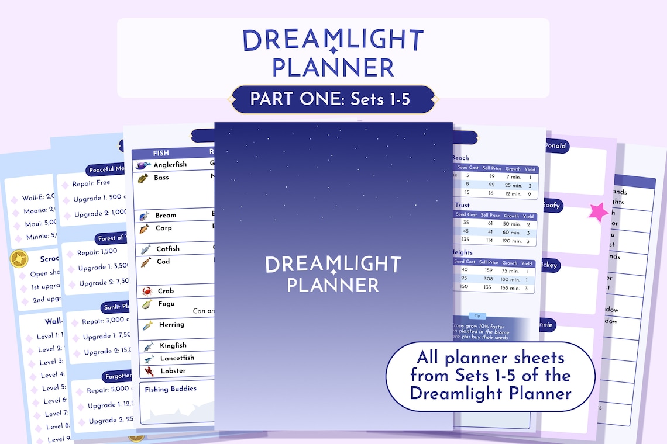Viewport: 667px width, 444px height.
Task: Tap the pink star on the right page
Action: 598,212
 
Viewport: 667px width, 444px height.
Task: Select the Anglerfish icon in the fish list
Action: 143,165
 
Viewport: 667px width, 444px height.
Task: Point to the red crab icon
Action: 147,291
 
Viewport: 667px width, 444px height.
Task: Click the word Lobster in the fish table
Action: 173,371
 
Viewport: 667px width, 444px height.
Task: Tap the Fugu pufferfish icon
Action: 146,304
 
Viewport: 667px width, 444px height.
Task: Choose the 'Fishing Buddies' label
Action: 171,389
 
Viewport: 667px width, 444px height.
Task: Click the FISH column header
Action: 161,153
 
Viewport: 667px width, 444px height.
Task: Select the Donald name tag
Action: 555,145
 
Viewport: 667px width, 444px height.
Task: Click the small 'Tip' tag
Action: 476,315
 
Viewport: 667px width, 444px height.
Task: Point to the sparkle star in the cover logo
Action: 333,272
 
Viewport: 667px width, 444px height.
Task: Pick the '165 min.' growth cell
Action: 510,288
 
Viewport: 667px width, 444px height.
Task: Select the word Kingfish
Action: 174,346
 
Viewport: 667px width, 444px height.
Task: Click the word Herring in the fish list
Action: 171,325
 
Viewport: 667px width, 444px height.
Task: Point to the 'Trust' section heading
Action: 462,205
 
